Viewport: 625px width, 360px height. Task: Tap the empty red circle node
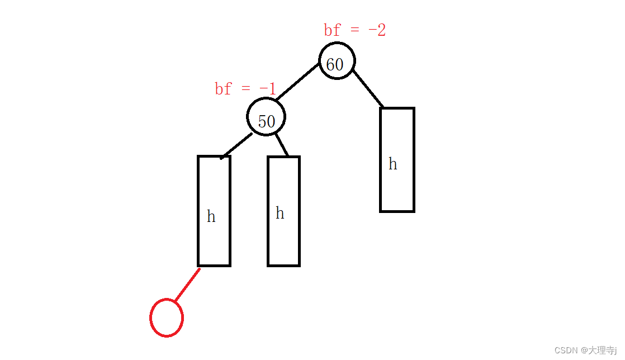[167, 318]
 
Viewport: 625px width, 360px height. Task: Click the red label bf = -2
[354, 30]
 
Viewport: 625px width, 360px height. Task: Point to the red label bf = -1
[245, 89]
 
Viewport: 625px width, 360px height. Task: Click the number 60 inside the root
[334, 65]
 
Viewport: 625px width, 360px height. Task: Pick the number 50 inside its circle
[266, 122]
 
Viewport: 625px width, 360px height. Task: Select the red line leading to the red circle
[187, 285]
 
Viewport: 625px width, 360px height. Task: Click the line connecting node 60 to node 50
[297, 82]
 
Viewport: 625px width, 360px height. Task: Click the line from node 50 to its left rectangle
[237, 145]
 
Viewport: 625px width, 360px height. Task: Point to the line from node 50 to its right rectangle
[282, 144]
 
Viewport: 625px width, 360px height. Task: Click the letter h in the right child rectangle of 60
[393, 164]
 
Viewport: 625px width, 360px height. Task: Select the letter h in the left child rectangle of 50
[211, 217]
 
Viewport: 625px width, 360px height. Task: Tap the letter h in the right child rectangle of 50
[280, 214]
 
